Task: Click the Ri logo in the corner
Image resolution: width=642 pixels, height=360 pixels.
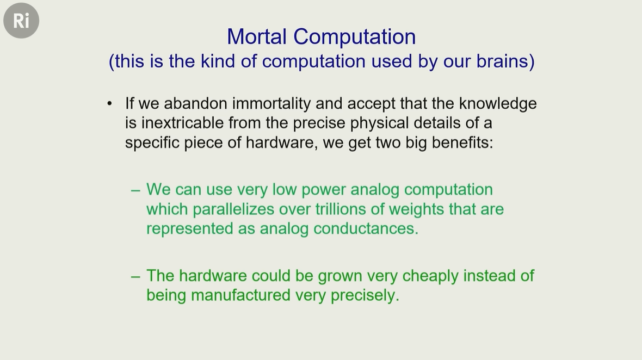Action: click(x=21, y=21)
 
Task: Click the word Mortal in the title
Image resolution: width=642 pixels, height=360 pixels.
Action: click(x=257, y=36)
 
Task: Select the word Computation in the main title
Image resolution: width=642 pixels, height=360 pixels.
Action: click(x=355, y=37)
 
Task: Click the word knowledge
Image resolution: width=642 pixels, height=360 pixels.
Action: click(x=497, y=104)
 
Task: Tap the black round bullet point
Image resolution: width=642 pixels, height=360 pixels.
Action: click(x=109, y=104)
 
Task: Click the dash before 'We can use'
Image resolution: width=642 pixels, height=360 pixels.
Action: click(x=135, y=190)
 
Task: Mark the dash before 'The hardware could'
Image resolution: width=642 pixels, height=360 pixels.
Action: click(x=135, y=277)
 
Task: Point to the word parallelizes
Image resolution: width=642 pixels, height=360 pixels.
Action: click(x=233, y=209)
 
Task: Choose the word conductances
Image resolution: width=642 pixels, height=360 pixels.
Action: click(x=366, y=228)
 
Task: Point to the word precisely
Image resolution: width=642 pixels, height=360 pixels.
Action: click(x=365, y=296)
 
